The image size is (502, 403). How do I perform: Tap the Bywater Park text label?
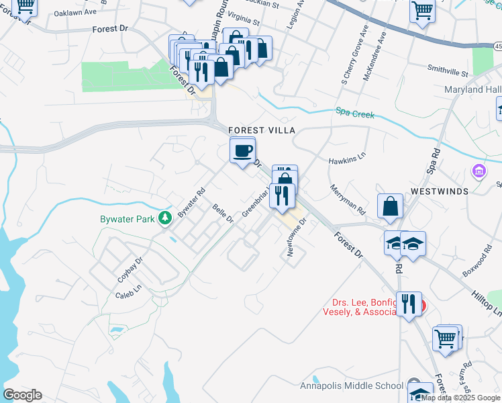[128, 220]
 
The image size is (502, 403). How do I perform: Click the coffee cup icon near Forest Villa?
[242, 150]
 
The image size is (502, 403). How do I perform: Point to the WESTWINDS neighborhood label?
[439, 191]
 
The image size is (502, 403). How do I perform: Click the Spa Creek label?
[355, 114]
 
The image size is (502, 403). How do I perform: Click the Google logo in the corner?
[22, 395]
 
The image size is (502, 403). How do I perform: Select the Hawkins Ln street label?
[347, 161]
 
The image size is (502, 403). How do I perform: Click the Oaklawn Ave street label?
[75, 13]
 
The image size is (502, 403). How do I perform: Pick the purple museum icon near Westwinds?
[478, 172]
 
